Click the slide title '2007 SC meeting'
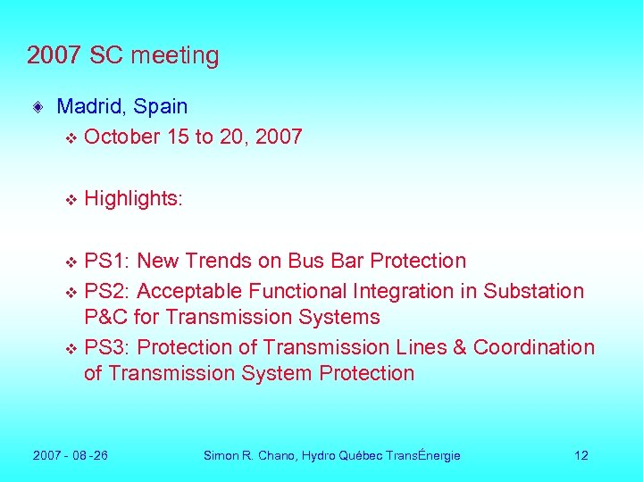click(122, 55)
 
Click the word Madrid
click(93, 106)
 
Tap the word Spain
click(163, 106)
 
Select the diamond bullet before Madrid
click(37, 108)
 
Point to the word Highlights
click(133, 198)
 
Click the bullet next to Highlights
click(71, 200)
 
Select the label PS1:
click(107, 261)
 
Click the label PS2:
click(107, 291)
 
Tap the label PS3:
click(107, 347)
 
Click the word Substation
click(533, 291)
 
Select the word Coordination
click(533, 347)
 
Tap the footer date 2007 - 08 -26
click(71, 455)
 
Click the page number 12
click(581, 455)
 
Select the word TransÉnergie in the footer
click(422, 455)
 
